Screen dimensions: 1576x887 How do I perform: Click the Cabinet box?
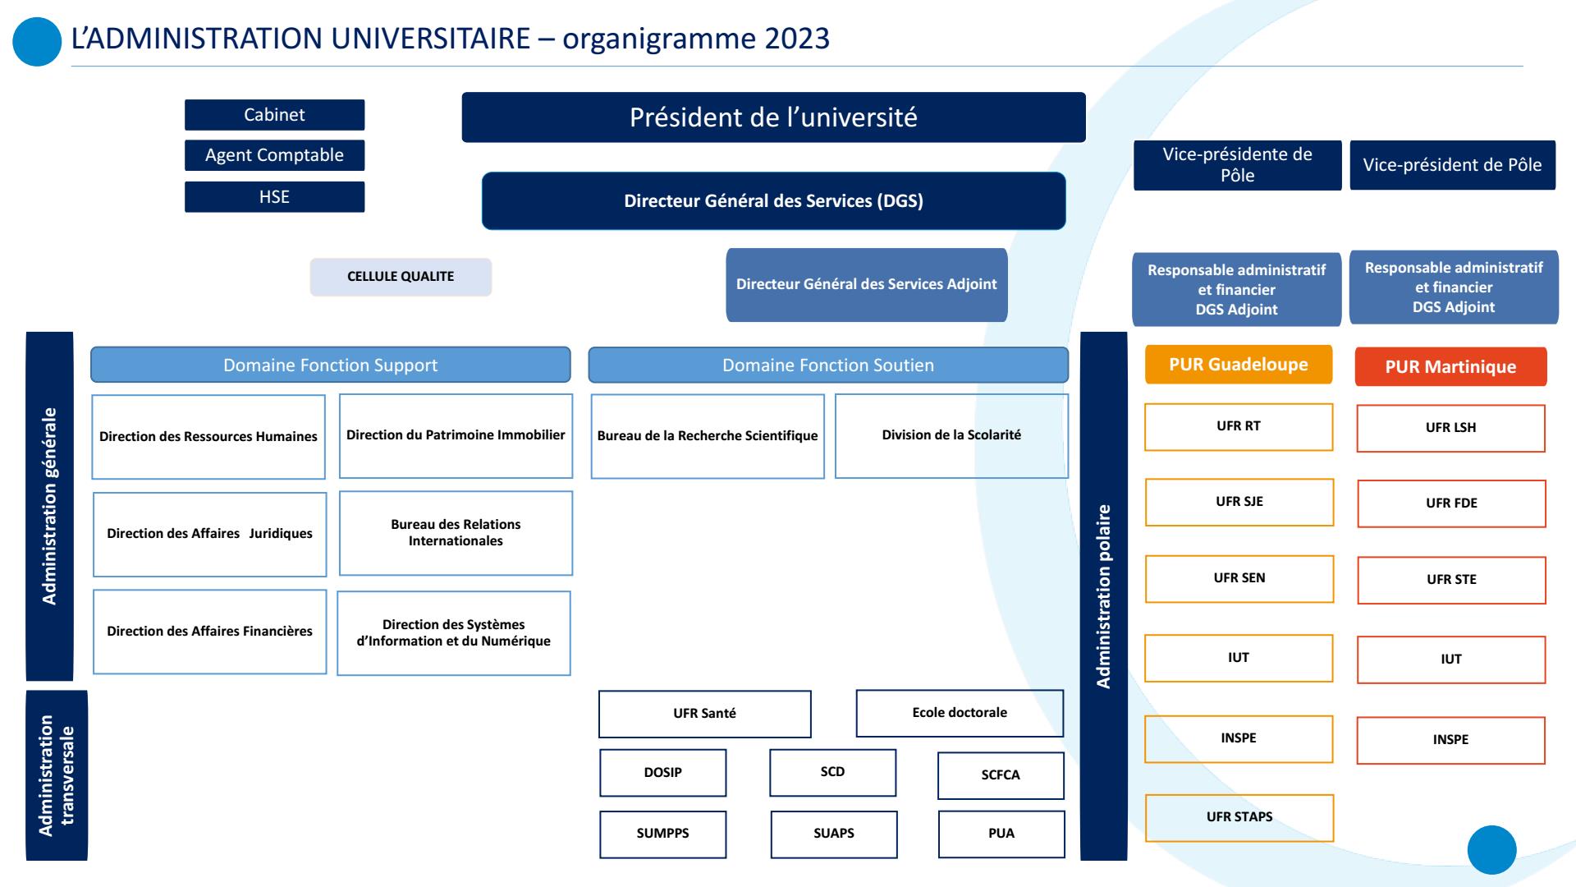click(274, 115)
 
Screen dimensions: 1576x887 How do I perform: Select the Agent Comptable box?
click(274, 155)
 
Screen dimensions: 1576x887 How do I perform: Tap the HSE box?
click(274, 197)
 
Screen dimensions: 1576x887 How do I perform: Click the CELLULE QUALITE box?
click(401, 277)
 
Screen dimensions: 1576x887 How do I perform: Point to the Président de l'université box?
click(773, 117)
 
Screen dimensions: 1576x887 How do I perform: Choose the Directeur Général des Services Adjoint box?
click(866, 284)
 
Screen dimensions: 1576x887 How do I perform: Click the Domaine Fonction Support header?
click(330, 365)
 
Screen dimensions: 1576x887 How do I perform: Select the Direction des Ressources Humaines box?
click(208, 437)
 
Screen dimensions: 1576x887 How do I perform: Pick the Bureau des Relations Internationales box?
click(456, 533)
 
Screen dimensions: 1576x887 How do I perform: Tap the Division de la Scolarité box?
click(951, 435)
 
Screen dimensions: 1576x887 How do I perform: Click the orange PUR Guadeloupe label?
click(1239, 365)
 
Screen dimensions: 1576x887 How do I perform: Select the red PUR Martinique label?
click(1450, 367)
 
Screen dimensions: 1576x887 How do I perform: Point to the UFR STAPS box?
click(1239, 817)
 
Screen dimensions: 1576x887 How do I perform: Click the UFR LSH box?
click(1450, 428)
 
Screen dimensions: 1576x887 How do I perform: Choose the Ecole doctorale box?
click(960, 713)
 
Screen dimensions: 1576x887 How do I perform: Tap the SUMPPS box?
click(662, 834)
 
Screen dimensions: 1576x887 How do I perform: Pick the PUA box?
click(1001, 834)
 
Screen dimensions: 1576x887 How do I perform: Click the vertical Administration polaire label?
click(1104, 596)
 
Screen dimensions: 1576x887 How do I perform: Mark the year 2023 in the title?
click(797, 39)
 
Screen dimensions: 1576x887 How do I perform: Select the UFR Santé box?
click(704, 714)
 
